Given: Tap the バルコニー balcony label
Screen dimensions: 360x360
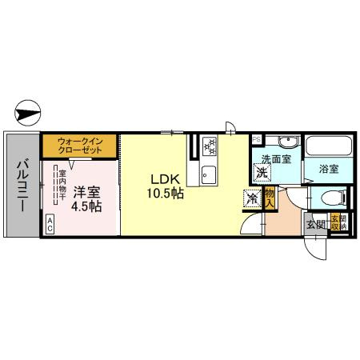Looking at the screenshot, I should [22, 183].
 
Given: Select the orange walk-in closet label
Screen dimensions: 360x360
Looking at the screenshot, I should [81, 147].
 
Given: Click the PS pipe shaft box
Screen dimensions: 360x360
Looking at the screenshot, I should [256, 139].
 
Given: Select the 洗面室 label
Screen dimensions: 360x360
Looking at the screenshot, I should [274, 158].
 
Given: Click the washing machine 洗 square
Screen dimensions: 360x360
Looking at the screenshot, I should [262, 170].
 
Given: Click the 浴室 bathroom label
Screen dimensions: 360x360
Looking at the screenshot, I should [327, 170].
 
